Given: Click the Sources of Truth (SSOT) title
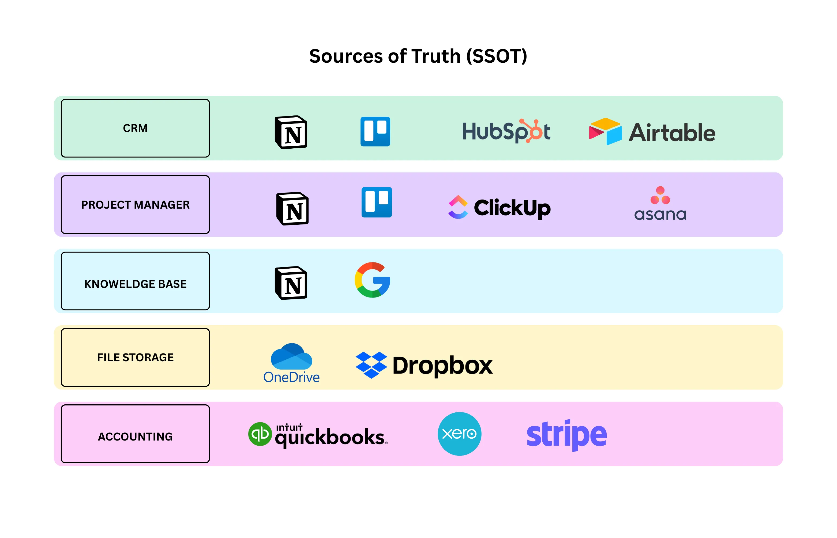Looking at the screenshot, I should click(x=418, y=56).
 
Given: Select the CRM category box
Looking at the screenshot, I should click(x=135, y=128).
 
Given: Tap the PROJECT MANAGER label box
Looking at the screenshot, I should click(x=135, y=204).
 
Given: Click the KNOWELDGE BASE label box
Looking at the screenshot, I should click(x=135, y=281).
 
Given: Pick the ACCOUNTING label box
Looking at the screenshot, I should click(x=135, y=434).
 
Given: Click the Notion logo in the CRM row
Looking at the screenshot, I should click(x=291, y=132).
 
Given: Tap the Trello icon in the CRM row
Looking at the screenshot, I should click(x=375, y=131).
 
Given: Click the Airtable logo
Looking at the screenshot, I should click(x=652, y=132).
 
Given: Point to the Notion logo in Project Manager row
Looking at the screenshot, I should click(x=292, y=209).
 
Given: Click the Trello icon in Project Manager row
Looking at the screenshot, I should click(x=377, y=202).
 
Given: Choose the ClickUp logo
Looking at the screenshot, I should click(x=500, y=207).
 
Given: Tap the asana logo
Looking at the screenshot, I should click(x=660, y=204).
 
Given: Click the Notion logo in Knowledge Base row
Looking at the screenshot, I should click(x=291, y=283).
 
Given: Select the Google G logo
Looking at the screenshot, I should click(x=372, y=280).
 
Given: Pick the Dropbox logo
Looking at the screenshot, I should click(x=424, y=365).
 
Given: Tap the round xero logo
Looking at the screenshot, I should click(x=459, y=434).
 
